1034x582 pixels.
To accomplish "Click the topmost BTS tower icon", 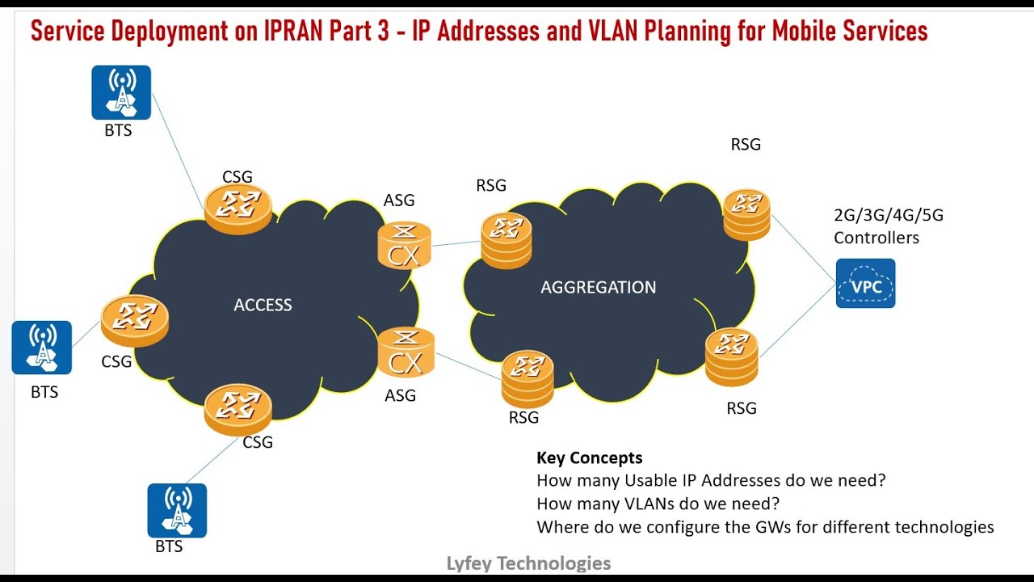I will click(121, 92).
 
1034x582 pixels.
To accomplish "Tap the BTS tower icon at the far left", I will click(42, 348).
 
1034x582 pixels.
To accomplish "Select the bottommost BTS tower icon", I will click(177, 510).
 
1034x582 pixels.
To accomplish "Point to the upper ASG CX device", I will click(404, 246).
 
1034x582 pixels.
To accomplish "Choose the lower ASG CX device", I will click(406, 352).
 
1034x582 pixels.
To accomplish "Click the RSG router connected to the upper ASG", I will click(506, 238).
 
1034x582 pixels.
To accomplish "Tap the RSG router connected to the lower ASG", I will click(527, 378).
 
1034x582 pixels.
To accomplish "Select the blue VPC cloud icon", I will click(865, 284).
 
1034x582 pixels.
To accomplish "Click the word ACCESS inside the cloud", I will click(263, 305).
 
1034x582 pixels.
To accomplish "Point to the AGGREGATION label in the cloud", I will click(598, 287).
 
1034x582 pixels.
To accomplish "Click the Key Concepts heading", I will click(589, 458).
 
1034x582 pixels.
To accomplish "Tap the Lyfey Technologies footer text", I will click(528, 563).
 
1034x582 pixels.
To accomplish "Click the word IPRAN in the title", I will click(300, 32).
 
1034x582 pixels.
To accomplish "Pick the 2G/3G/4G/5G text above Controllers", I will click(888, 216).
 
